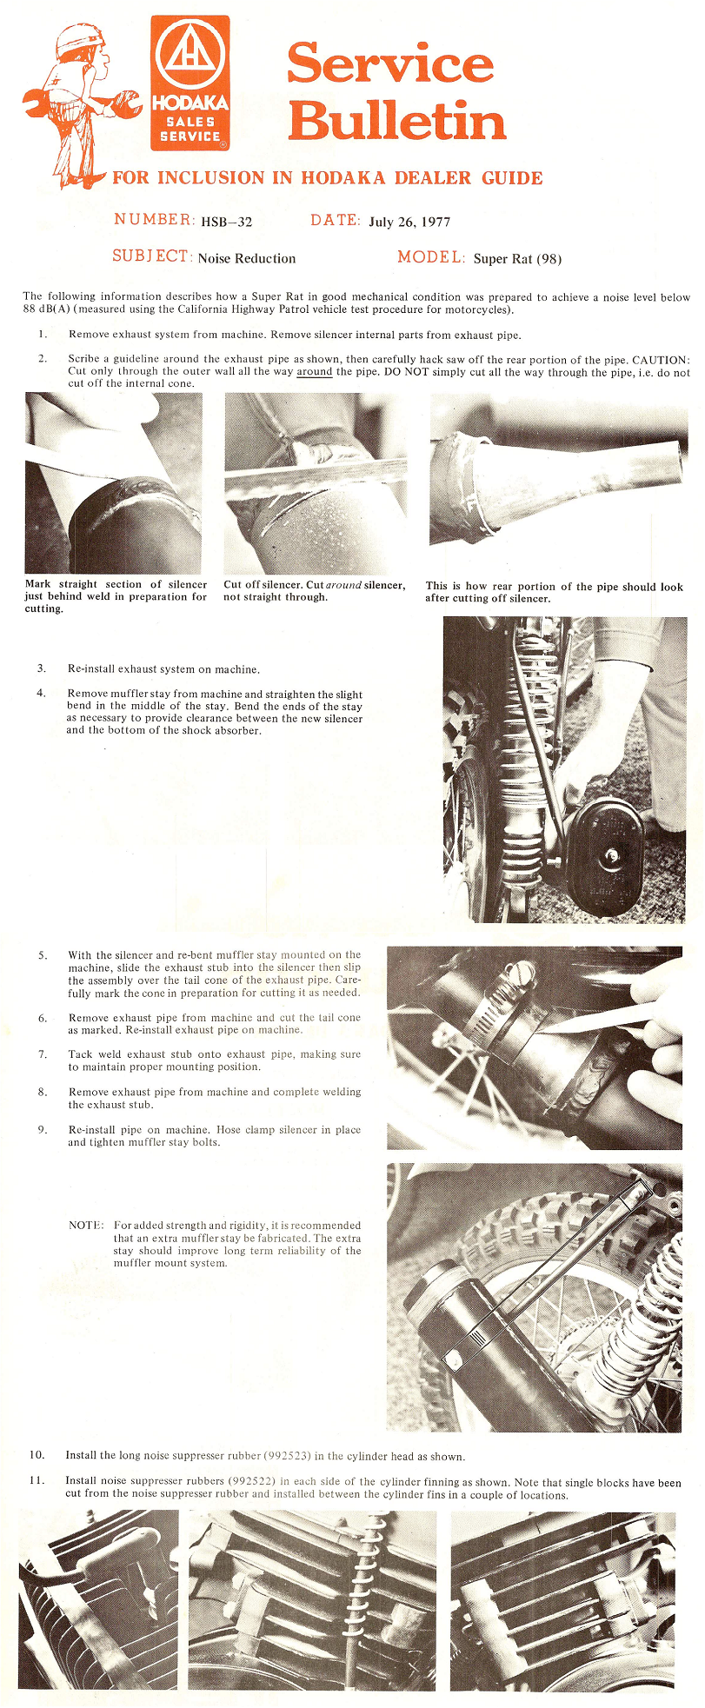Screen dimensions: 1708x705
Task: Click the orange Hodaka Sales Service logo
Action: click(x=190, y=82)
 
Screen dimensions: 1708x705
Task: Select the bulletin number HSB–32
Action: click(x=226, y=222)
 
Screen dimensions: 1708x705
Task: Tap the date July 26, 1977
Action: click(x=409, y=222)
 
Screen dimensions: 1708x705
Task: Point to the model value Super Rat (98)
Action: click(x=517, y=258)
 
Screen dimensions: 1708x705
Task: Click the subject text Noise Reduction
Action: click(x=247, y=258)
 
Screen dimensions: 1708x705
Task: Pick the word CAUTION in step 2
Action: click(x=660, y=360)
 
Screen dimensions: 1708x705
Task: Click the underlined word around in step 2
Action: click(x=315, y=372)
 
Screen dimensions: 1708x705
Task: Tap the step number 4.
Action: click(x=41, y=693)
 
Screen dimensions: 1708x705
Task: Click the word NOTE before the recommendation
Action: click(x=86, y=1225)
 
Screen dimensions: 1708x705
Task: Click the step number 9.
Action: click(x=42, y=1129)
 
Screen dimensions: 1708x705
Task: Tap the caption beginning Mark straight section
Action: click(x=116, y=596)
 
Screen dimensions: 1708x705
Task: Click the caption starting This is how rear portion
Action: click(x=554, y=592)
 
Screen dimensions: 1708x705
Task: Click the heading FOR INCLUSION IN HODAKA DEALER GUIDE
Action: click(x=328, y=178)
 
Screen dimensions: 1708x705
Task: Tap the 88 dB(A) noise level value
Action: click(x=51, y=309)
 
